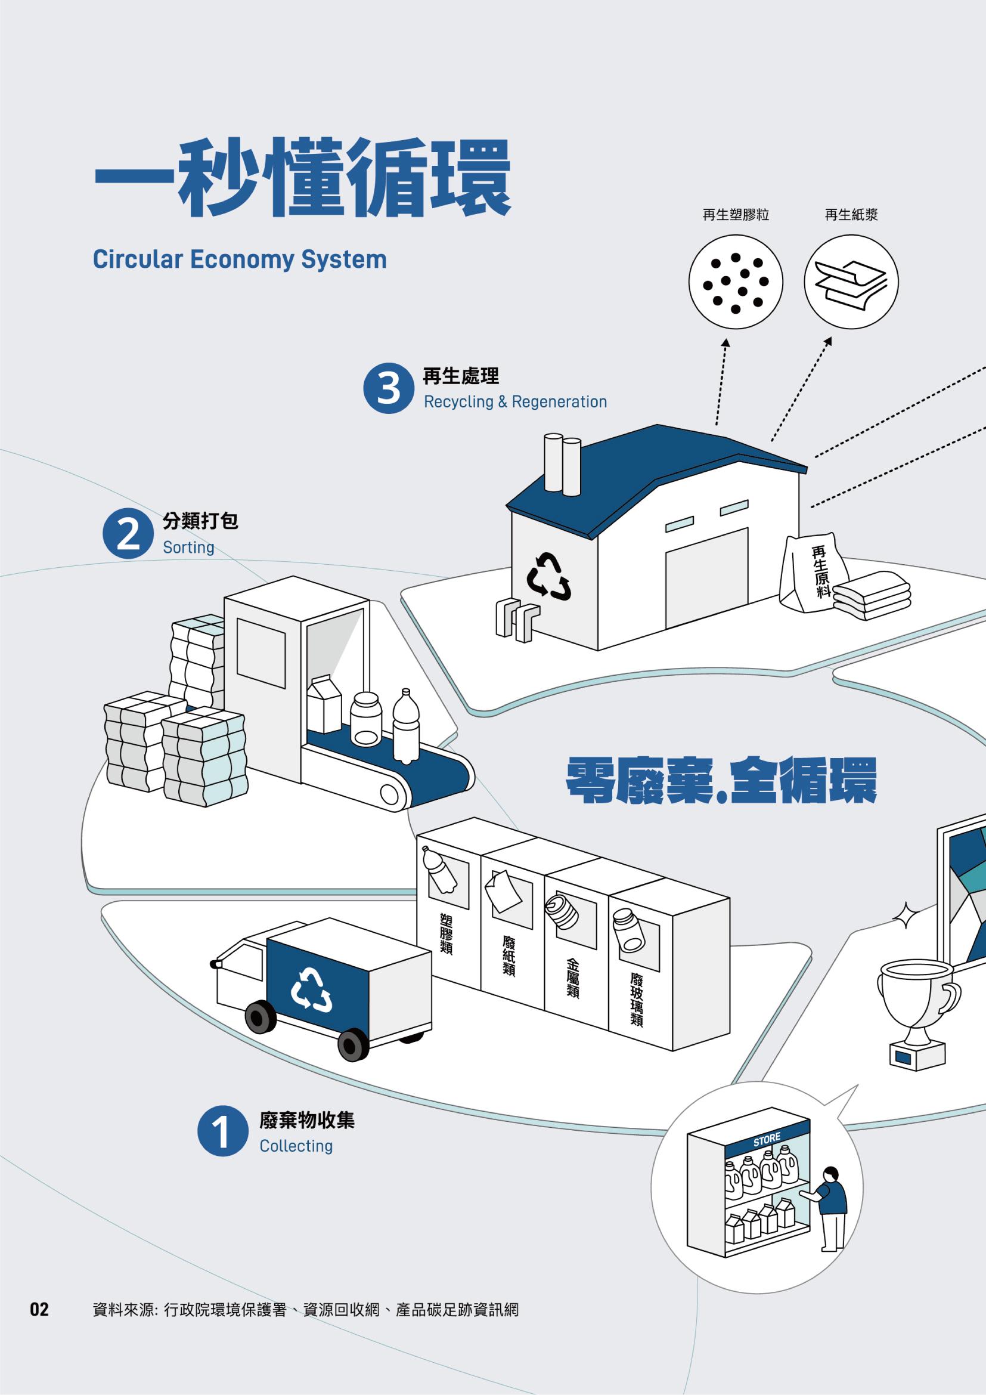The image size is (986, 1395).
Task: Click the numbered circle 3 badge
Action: click(x=389, y=388)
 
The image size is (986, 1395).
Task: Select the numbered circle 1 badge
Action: click(x=223, y=1131)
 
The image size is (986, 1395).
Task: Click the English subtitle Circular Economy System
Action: click(x=240, y=259)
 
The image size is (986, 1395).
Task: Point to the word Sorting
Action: click(x=188, y=548)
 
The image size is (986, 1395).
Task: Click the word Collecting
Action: click(x=296, y=1146)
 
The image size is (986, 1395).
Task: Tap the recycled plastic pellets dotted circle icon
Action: click(x=735, y=283)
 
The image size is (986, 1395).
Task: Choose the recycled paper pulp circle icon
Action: click(x=851, y=283)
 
